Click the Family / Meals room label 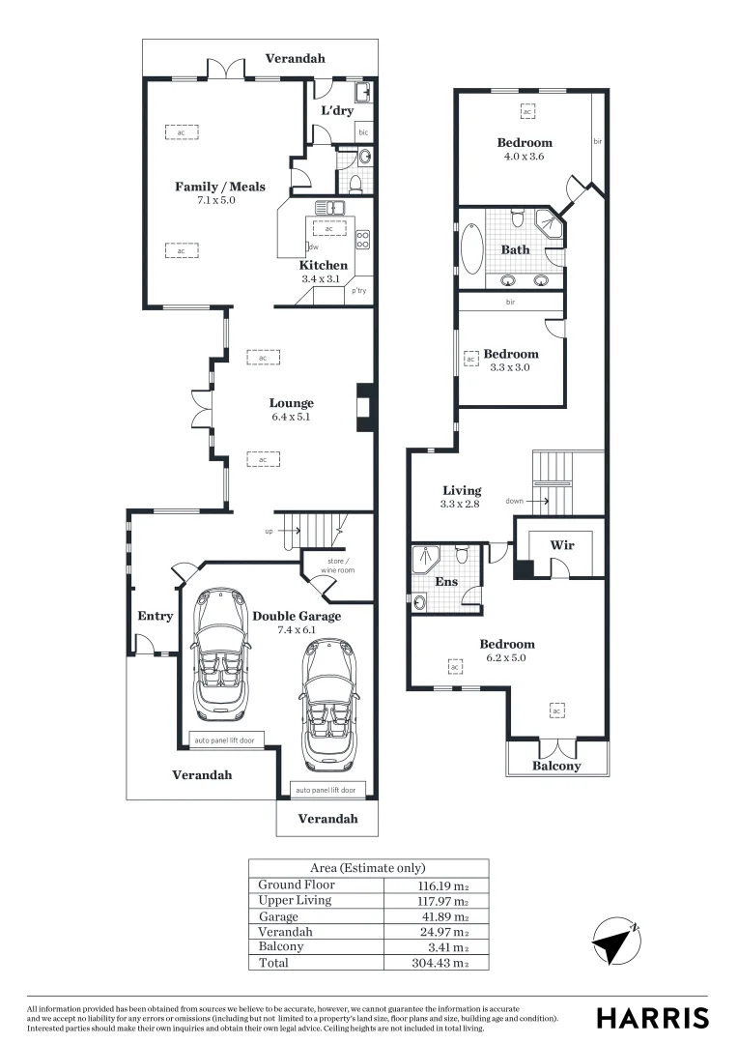pyautogui.click(x=219, y=187)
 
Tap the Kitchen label pyautogui.click(x=323, y=265)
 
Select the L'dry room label pyautogui.click(x=337, y=111)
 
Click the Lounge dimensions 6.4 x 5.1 pyautogui.click(x=292, y=418)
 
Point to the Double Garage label pyautogui.click(x=297, y=616)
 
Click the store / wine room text pyautogui.click(x=337, y=565)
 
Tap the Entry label pyautogui.click(x=156, y=616)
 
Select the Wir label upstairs pyautogui.click(x=562, y=545)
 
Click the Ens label pyautogui.click(x=445, y=583)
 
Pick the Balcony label pyautogui.click(x=557, y=766)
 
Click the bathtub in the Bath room pyautogui.click(x=474, y=250)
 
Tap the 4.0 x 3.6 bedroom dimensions pyautogui.click(x=525, y=156)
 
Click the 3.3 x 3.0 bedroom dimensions pyautogui.click(x=510, y=367)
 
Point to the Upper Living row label pyautogui.click(x=295, y=900)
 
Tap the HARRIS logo pyautogui.click(x=652, y=1017)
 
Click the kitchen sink pyautogui.click(x=328, y=207)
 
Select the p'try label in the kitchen pyautogui.click(x=358, y=290)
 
